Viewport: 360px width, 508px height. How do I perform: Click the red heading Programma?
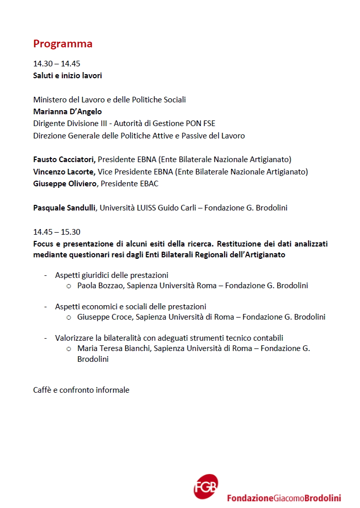[63, 44]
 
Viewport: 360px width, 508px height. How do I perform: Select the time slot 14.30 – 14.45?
[57, 64]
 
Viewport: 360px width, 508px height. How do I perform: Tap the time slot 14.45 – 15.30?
[57, 232]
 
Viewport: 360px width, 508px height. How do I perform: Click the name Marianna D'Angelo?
[67, 112]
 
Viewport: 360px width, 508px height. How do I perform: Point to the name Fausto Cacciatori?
[64, 160]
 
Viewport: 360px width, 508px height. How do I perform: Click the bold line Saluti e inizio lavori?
[67, 76]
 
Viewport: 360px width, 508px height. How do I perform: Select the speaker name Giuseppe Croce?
[105, 317]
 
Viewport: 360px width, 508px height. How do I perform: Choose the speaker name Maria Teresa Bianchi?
[114, 348]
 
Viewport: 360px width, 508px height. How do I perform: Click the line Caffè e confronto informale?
[81, 390]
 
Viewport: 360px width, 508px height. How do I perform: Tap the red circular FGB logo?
[205, 486]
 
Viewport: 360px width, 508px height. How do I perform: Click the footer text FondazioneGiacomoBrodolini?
[284, 498]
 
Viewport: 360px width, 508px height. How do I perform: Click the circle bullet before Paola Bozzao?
[69, 286]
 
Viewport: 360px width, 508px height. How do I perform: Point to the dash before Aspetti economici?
[46, 306]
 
